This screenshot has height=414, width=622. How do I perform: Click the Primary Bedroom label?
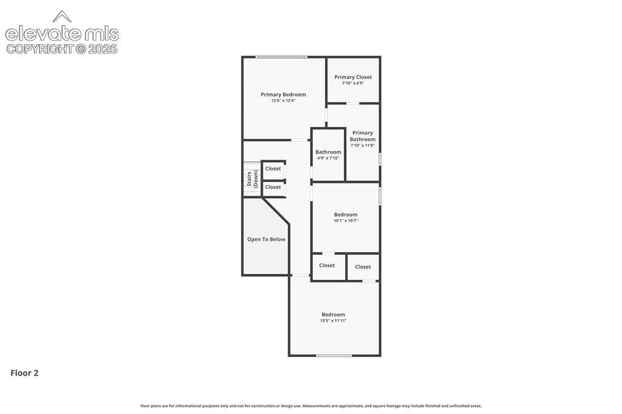283,94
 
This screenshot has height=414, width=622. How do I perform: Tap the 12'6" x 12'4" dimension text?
283,101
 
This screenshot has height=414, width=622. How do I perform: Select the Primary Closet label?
353,77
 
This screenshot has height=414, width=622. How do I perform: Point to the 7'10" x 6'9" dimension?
353,83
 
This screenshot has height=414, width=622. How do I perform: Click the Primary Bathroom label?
363,136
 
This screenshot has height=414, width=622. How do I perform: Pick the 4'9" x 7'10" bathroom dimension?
328,158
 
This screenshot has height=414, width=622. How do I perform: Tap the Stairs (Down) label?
252,179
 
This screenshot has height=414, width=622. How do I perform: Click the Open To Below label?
266,239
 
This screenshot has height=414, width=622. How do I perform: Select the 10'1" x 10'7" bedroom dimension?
346,221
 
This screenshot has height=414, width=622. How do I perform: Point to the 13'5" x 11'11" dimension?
333,321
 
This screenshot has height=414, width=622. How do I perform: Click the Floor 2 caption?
24,373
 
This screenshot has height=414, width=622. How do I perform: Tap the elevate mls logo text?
62,34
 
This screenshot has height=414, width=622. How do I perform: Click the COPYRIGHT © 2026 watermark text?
62,49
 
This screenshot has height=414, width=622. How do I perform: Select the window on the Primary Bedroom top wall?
281,57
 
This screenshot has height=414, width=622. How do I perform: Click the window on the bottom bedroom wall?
334,356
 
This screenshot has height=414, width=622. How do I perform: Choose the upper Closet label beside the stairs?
273,169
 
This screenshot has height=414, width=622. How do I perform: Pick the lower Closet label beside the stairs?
273,187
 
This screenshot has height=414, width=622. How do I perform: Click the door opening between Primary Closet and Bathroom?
353,103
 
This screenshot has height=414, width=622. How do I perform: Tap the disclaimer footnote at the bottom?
311,406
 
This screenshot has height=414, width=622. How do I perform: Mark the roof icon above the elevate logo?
62,16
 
